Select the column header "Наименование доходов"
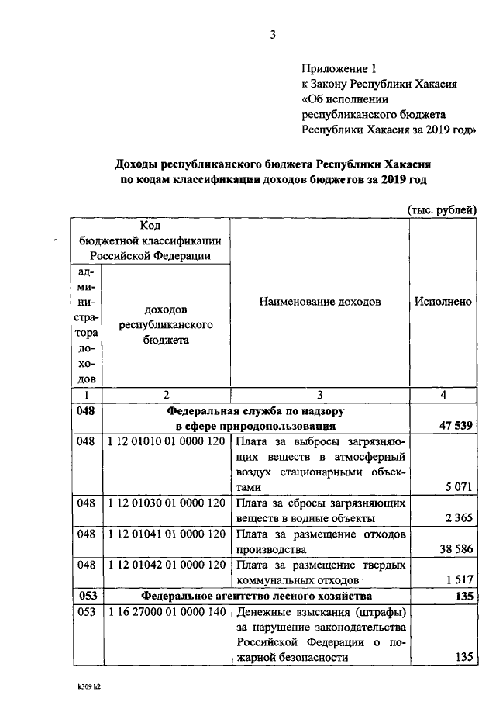coord(320,302)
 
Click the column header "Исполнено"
coord(443,302)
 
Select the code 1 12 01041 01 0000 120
coord(167,534)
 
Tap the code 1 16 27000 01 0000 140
coord(167,612)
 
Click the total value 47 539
coord(455,426)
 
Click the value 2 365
coord(460,518)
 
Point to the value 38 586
coord(456,549)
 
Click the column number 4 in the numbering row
coord(443,395)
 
